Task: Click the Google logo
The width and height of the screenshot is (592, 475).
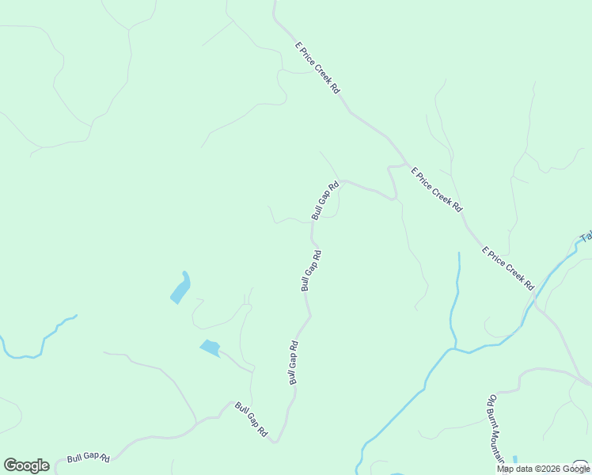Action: point(26,465)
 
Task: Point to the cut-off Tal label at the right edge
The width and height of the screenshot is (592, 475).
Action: point(586,236)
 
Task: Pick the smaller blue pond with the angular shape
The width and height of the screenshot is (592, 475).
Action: point(210,347)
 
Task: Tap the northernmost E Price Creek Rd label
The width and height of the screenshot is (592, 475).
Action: point(317,69)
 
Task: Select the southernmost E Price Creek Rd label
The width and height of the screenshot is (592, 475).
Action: point(508,268)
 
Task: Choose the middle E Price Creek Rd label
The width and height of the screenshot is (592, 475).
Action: point(435,188)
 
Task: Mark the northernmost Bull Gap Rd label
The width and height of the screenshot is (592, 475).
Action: point(325,200)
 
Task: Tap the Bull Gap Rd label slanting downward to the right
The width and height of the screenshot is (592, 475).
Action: point(251,420)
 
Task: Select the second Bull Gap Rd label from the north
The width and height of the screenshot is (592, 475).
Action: point(311,271)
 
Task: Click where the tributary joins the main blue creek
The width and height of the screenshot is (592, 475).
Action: point(453,348)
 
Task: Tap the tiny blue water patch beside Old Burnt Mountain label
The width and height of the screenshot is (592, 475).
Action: point(514,460)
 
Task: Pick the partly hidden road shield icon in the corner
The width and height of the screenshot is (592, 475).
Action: point(582,465)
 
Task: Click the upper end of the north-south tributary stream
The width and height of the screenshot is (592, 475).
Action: point(458,255)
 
